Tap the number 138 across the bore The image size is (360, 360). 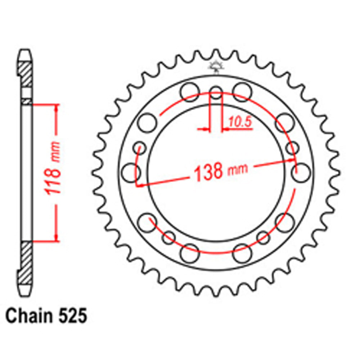tap(208, 172)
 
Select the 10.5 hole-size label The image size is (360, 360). tap(240, 123)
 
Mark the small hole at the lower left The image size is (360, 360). tap(168, 237)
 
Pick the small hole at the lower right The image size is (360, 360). tap(263, 237)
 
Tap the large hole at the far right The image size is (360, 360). tap(301, 172)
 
